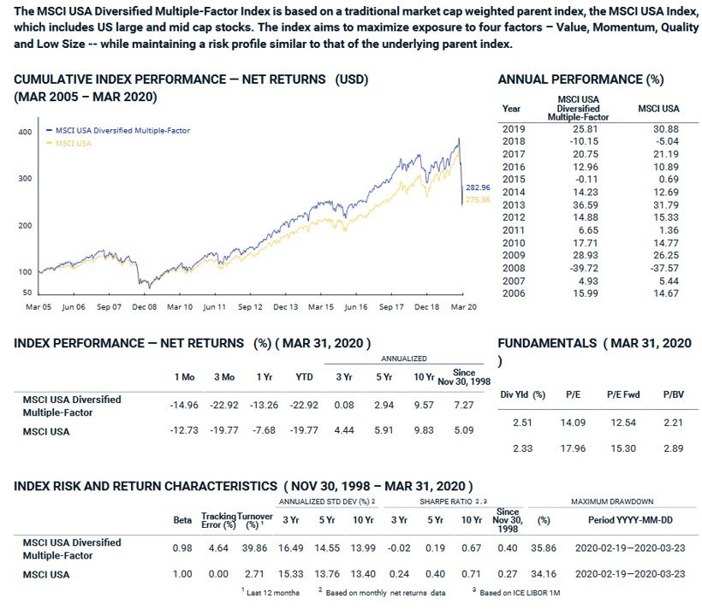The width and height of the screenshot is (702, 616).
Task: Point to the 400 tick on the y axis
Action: click(x=25, y=132)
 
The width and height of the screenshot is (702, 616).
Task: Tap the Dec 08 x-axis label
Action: click(x=144, y=305)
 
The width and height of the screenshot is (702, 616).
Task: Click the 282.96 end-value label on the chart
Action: click(x=477, y=187)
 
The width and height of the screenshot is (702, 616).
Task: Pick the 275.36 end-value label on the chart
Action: click(x=477, y=199)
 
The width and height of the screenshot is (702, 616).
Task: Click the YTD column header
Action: click(x=302, y=376)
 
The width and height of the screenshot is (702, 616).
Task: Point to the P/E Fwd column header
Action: click(x=622, y=395)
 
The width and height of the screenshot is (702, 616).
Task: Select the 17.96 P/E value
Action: click(x=572, y=447)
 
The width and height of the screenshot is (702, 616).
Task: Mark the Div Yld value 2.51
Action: click(x=522, y=423)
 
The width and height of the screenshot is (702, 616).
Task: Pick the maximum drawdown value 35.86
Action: click(x=542, y=548)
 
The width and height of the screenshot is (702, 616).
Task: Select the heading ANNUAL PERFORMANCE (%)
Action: click(x=580, y=80)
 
